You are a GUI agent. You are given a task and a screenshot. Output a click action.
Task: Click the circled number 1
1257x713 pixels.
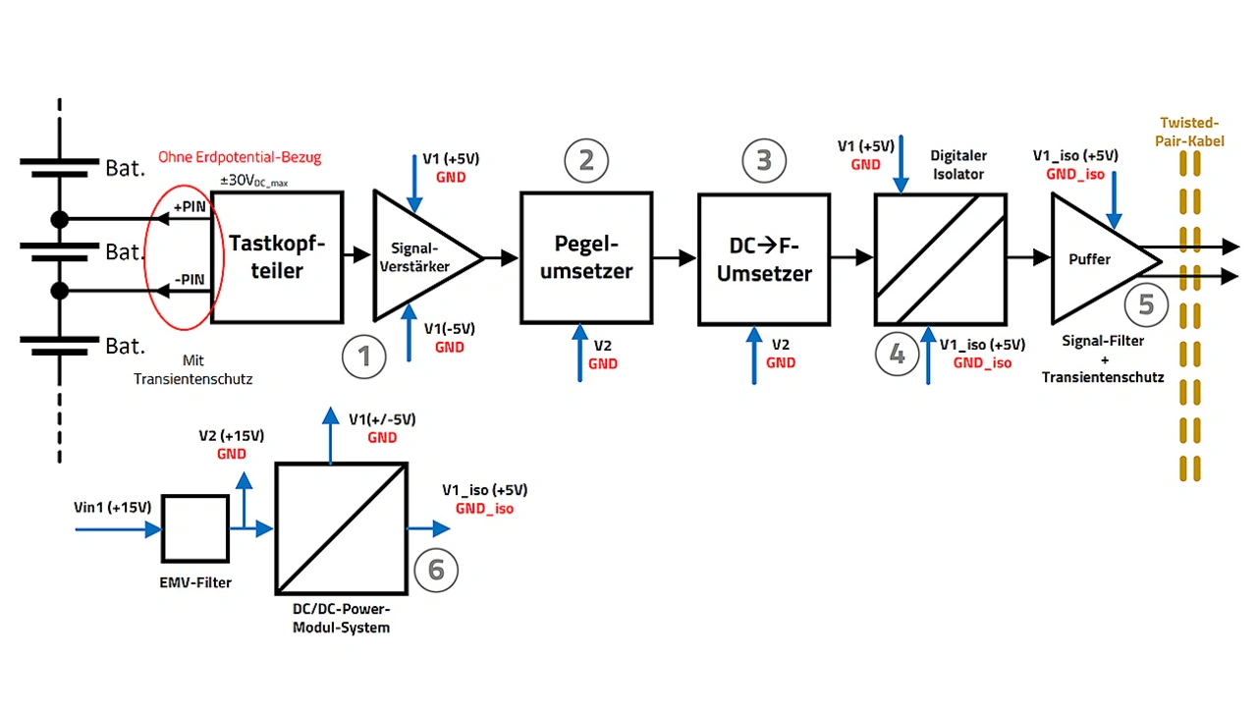364,356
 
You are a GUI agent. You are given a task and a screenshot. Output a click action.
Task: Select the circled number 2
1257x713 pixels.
586,160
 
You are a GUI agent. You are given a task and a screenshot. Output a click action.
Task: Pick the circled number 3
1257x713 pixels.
764,160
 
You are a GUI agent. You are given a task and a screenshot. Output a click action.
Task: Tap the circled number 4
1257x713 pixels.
897,354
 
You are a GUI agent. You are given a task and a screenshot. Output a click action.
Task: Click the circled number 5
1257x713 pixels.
1146,304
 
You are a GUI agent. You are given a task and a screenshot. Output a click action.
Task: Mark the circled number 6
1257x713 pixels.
436,570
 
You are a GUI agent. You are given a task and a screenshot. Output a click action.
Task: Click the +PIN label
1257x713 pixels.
190,206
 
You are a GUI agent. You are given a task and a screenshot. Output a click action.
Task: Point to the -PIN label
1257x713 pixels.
190,279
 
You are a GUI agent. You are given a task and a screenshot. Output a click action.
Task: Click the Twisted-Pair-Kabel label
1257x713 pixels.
1189,132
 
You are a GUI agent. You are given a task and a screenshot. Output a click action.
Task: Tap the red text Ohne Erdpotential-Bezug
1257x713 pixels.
240,156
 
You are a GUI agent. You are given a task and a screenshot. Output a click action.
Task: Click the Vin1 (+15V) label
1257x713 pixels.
113,507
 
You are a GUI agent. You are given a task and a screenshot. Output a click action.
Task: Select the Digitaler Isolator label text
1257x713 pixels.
958,164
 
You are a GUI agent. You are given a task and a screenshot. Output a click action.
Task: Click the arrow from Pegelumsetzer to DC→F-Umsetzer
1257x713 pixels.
675,257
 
